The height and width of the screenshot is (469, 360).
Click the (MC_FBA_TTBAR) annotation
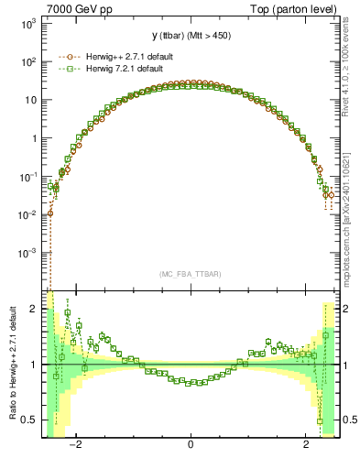(190, 274)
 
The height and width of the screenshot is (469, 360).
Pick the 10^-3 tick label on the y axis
(27, 252)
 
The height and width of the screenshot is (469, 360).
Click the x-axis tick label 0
(190, 447)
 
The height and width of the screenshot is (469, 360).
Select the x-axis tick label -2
(77, 447)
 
